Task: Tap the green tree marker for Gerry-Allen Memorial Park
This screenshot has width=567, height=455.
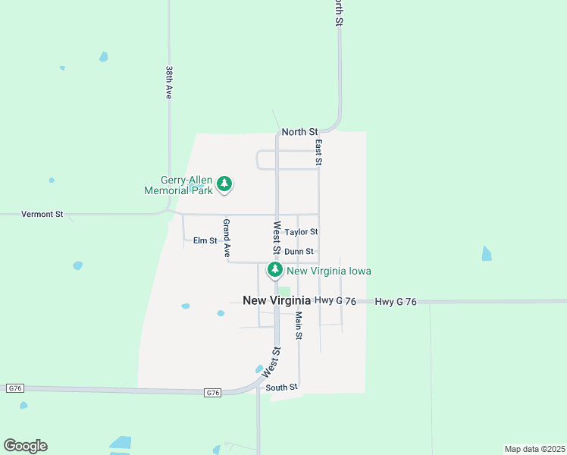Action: tap(224, 184)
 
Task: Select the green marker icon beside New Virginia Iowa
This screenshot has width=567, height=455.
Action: tap(274, 270)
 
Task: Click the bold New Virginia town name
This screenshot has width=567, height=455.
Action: tap(277, 300)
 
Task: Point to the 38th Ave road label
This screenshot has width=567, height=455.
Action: tap(169, 82)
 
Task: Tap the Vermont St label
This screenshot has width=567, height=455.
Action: tap(42, 215)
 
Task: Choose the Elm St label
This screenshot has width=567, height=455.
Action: tap(205, 240)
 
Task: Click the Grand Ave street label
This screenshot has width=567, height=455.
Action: tap(226, 239)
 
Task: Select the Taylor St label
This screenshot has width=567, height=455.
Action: tap(301, 232)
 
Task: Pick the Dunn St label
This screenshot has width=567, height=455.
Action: tap(299, 252)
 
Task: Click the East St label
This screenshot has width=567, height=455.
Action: tap(319, 152)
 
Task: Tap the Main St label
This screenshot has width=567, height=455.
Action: tap(299, 325)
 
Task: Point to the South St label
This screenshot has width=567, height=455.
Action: tap(282, 388)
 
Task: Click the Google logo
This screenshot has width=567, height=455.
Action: tap(25, 446)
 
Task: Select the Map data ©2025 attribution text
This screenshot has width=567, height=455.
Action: tap(534, 449)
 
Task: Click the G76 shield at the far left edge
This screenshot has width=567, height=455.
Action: tap(14, 388)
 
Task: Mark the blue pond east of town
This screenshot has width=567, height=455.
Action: tap(487, 253)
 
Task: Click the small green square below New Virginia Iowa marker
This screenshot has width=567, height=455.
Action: tap(284, 291)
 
